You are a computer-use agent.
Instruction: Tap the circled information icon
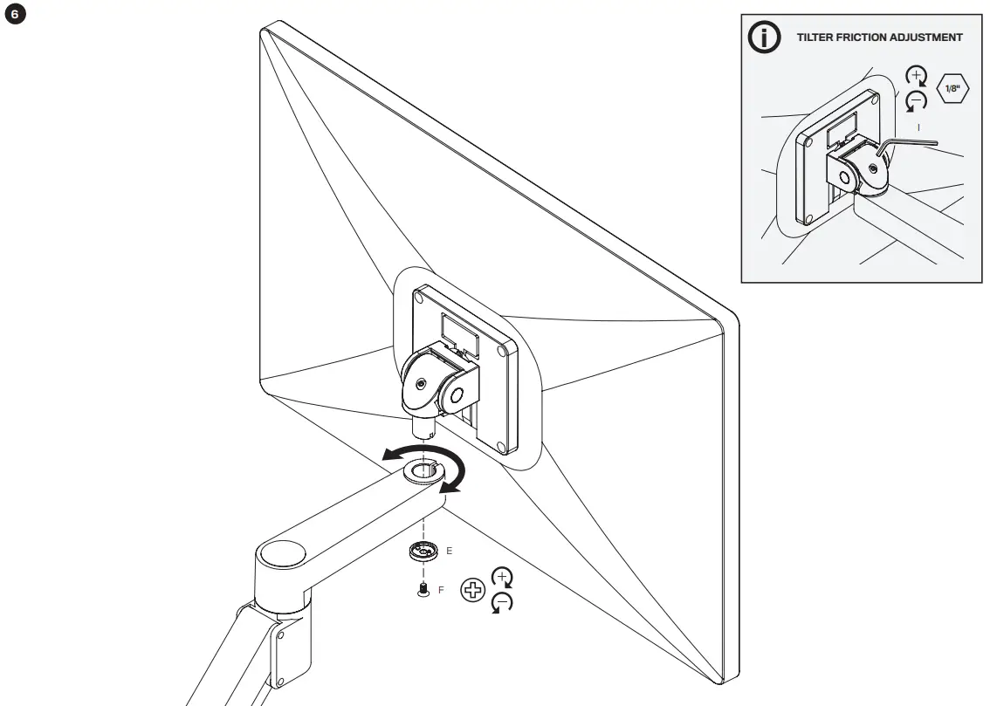pos(766,38)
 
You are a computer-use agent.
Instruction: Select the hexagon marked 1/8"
pos(952,90)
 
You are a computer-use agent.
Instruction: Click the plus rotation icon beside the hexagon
pos(917,77)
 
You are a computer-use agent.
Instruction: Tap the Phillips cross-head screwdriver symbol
pos(472,591)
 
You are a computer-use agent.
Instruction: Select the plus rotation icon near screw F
pos(503,577)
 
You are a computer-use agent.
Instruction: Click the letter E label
pos(449,552)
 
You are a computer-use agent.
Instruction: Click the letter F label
pos(441,591)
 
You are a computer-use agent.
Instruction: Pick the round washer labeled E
pos(423,552)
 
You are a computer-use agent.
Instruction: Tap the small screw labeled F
pos(423,590)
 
